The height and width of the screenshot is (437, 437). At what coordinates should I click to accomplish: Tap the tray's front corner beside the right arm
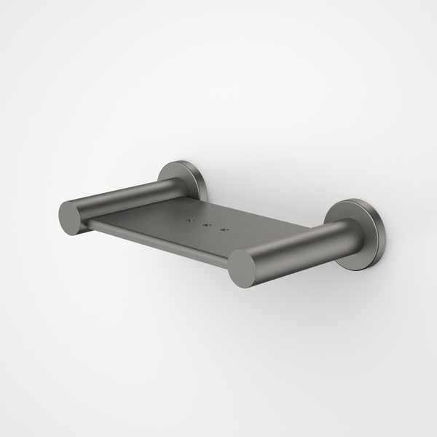(x=232, y=263)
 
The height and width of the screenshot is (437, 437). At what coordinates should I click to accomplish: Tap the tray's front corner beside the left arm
(x=90, y=227)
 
